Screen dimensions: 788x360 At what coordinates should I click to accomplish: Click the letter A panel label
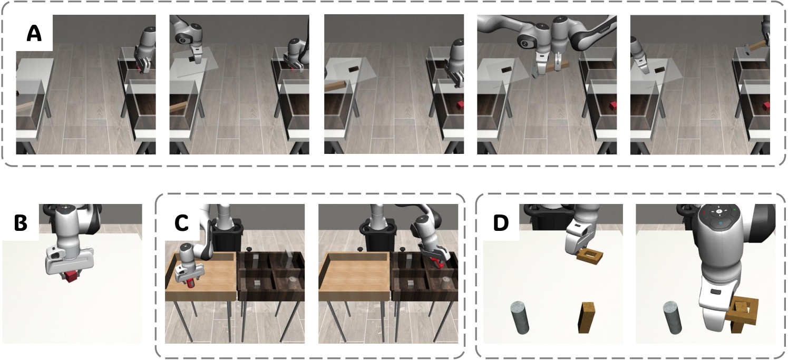tap(34, 34)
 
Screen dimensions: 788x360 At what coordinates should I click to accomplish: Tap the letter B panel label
tap(21, 222)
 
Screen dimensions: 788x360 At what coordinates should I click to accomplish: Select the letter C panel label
tap(181, 222)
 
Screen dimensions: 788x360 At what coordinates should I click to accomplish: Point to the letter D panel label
tap(501, 222)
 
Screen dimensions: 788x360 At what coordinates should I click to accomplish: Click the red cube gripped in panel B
tap(71, 277)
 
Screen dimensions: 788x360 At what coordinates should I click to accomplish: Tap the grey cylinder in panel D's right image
tap(672, 317)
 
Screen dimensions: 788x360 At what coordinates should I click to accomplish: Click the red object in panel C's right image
tap(439, 262)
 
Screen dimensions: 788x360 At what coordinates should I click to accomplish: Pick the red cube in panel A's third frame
tap(460, 105)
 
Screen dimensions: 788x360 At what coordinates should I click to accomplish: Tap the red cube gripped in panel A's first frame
tap(143, 69)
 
